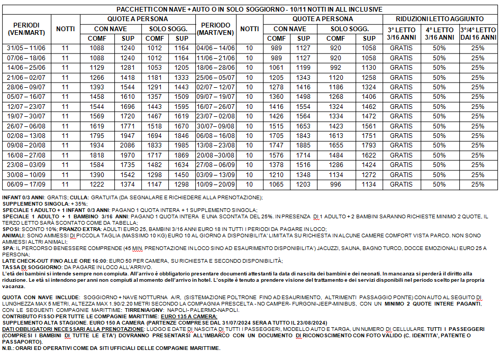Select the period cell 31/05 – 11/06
26,49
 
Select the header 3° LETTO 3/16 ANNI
401,34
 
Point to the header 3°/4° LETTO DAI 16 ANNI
478,34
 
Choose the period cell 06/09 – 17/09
26,184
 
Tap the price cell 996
335,184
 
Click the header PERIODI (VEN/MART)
26,29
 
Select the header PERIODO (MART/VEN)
215,29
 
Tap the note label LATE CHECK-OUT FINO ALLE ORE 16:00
51,261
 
